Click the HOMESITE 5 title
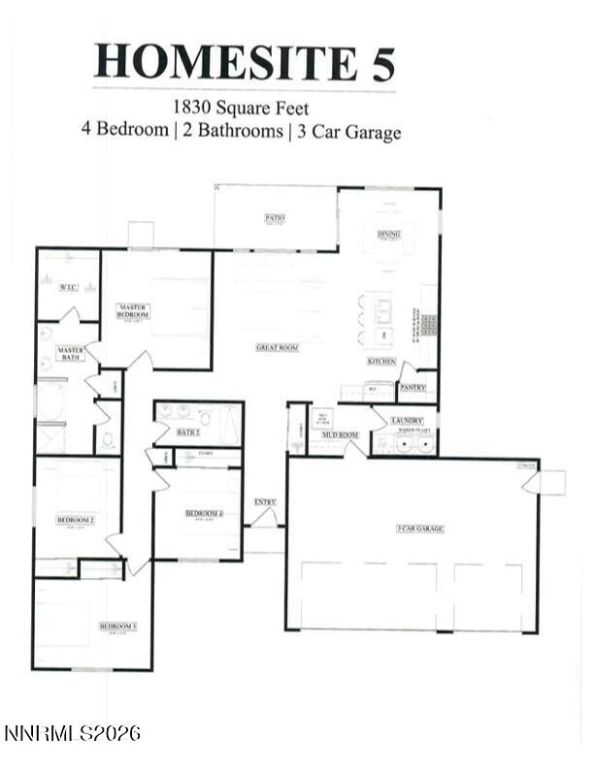coord(245,61)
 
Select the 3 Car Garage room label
coord(419,528)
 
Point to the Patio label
coord(275,218)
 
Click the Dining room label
coord(388,234)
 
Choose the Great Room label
coord(277,347)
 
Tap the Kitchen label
coord(380,361)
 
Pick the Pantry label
coord(412,387)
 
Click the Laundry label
coord(406,420)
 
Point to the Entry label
coord(265,501)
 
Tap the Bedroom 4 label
coord(204,512)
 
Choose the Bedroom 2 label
coord(75,520)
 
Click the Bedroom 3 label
coord(117,626)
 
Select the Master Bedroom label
coord(133,311)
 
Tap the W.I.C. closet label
coord(68,287)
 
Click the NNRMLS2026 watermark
coord(72,733)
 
